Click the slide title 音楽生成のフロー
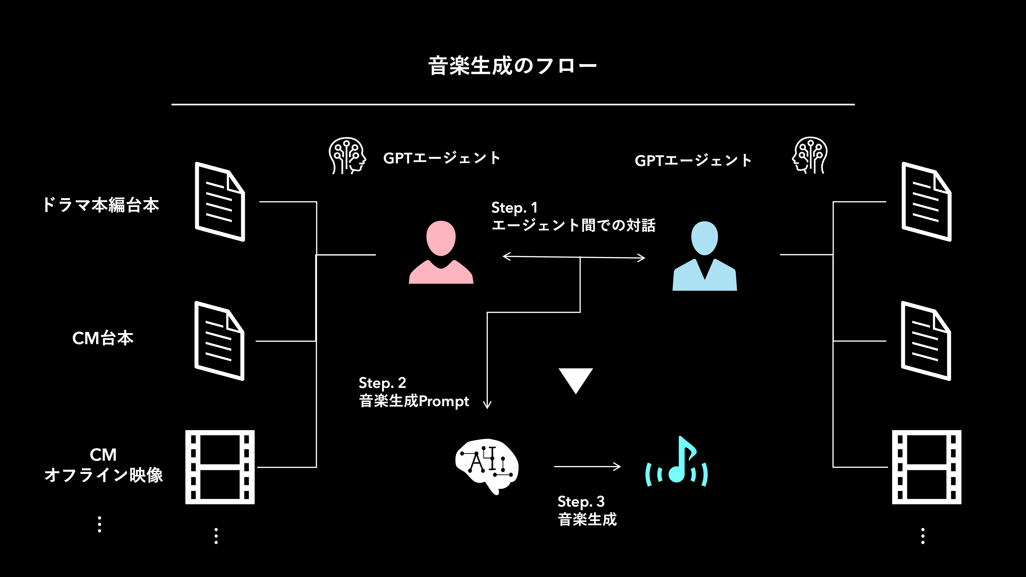coord(512,66)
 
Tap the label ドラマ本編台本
coord(101,205)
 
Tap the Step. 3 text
coord(581,501)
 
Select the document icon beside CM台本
coord(219,341)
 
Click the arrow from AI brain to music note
coord(587,466)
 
